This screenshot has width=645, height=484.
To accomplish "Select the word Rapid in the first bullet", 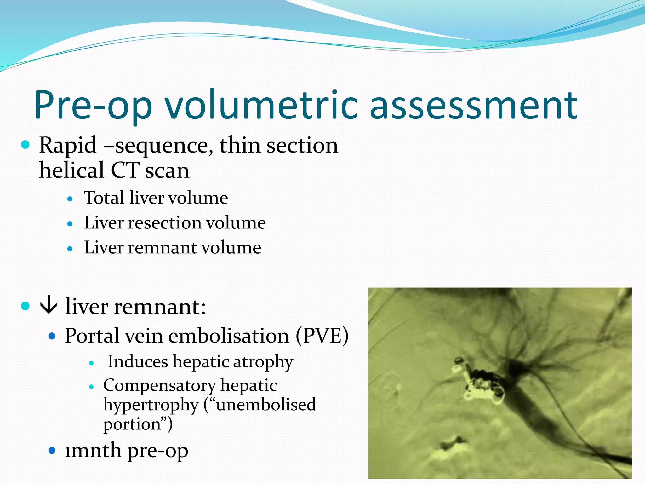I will coord(68,146).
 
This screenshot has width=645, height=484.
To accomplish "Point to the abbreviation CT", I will coord(125,170).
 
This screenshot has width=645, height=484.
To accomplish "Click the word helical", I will coord(71,170).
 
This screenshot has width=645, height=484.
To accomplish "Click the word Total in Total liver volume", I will coord(104,198).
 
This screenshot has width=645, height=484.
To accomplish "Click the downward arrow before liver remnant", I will coord(49,306).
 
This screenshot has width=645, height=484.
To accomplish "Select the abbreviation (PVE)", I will coord(322,336).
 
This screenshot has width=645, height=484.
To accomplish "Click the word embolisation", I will coord(229,336).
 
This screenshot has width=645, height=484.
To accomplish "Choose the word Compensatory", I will coord(159,385).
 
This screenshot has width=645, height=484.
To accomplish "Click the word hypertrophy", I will coord(151,405).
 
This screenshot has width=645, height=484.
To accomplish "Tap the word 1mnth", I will coord(92,451).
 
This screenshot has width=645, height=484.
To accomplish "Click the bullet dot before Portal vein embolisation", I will coord(52,336).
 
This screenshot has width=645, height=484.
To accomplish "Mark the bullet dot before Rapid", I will coord(25,145).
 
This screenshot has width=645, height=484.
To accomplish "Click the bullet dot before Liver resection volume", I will coord(70,224).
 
